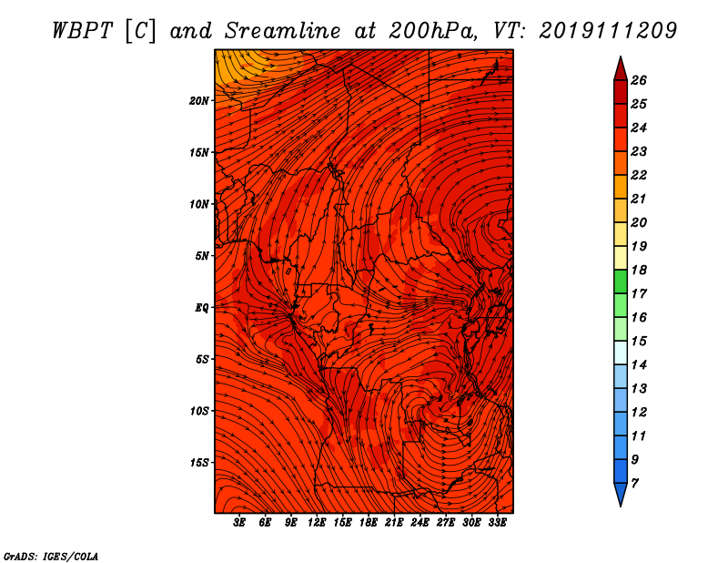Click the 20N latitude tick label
[198, 101]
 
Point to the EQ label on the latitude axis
[201, 308]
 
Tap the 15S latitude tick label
[199, 463]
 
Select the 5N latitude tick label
[202, 256]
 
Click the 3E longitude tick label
[239, 523]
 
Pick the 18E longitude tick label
[369, 523]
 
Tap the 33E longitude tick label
[497, 523]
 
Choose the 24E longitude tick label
[420, 523]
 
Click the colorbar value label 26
[639, 80]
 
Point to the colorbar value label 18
[639, 270]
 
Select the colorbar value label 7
[634, 484]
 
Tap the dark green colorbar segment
[621, 281]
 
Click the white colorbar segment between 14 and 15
[621, 353]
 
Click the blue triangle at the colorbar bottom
[621, 494]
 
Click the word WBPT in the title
[82, 31]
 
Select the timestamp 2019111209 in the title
[608, 31]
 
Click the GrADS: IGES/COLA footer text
[51, 557]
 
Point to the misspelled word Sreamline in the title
[283, 31]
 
